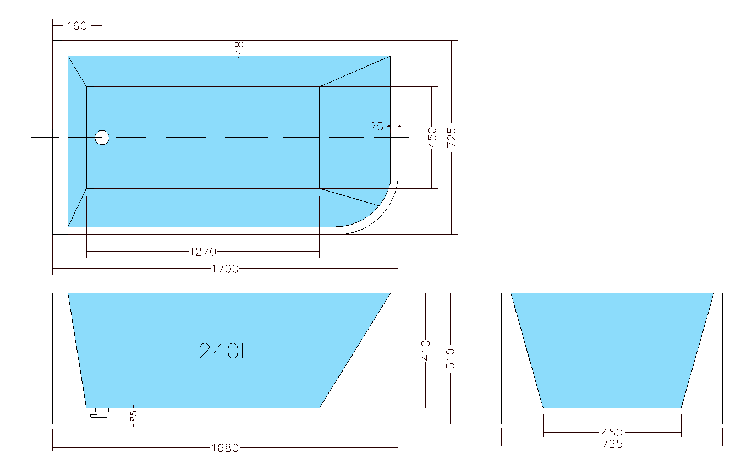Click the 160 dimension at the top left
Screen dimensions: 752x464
(x=77, y=26)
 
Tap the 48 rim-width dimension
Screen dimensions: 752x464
(x=239, y=48)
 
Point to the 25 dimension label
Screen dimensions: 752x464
(x=376, y=127)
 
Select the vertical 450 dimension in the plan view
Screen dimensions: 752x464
(x=432, y=138)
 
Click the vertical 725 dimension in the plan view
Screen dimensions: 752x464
(x=452, y=138)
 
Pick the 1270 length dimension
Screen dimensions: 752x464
(x=203, y=252)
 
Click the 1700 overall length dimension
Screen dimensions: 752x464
(x=225, y=269)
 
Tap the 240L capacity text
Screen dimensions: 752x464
(x=224, y=351)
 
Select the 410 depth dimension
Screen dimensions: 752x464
(x=426, y=351)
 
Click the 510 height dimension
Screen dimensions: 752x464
(x=451, y=359)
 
